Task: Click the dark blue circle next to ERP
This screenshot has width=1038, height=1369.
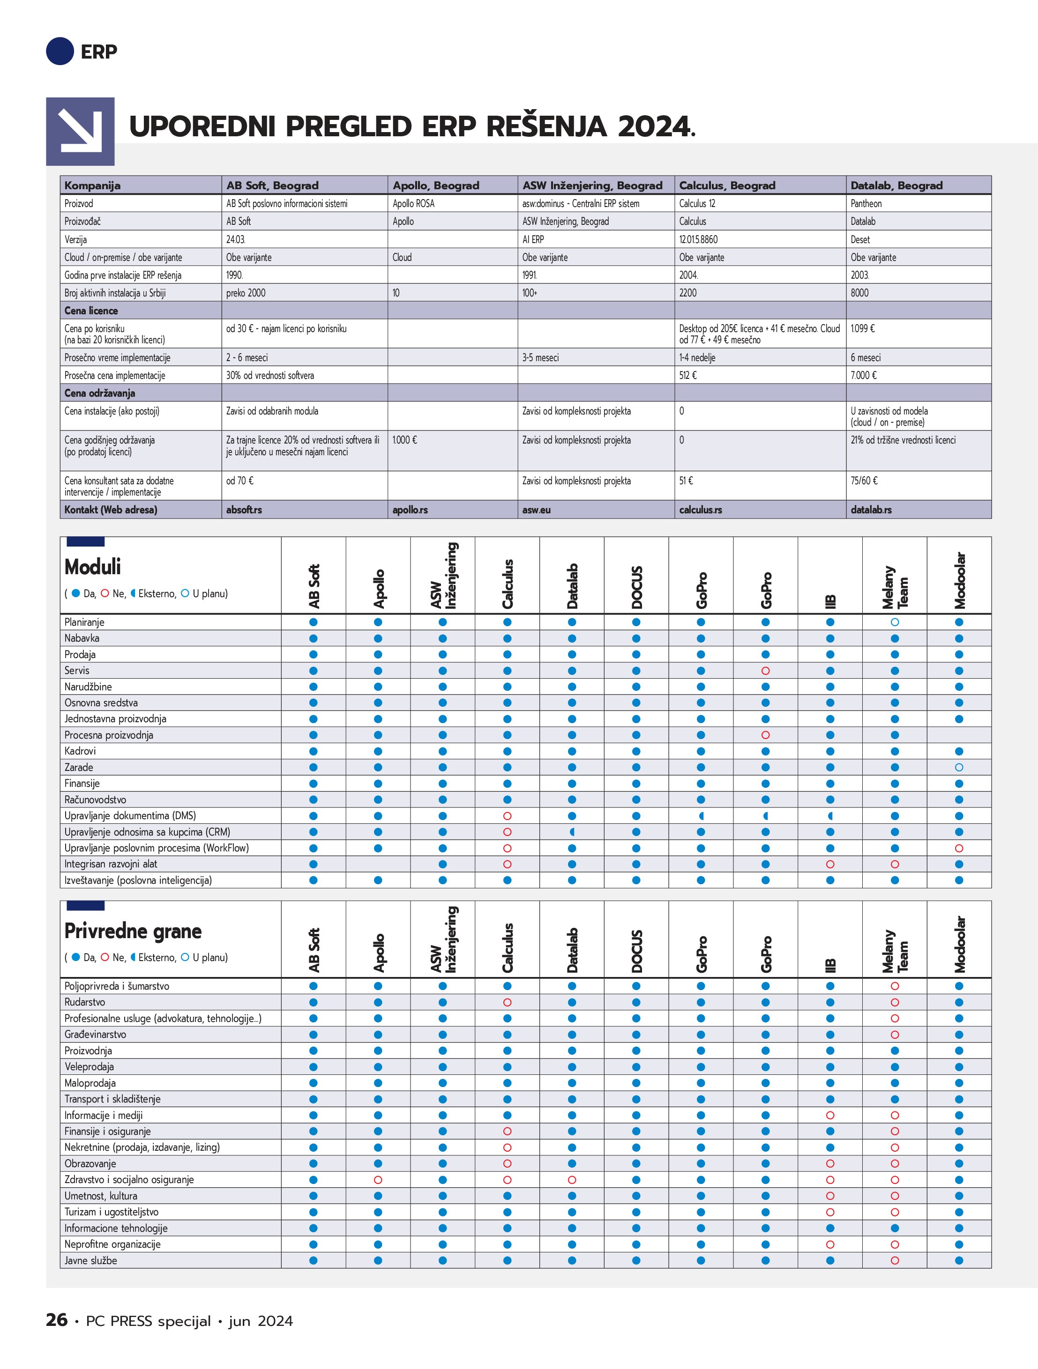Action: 60,52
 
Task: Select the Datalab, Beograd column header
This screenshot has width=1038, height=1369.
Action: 896,185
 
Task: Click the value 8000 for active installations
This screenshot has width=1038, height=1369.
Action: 859,293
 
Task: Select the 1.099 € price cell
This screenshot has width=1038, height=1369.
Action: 863,329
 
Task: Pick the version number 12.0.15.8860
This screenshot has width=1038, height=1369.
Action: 699,239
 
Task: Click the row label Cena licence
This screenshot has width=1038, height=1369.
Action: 91,311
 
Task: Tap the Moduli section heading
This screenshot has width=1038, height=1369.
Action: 93,567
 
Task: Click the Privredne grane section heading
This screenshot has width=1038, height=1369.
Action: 133,931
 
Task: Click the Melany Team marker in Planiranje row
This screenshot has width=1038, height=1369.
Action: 894,622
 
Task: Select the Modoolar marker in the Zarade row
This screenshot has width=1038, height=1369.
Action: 959,768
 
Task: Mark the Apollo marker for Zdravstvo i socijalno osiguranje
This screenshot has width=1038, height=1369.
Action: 378,1180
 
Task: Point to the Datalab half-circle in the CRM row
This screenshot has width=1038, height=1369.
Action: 572,832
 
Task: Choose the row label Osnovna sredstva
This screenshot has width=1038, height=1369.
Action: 101,703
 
